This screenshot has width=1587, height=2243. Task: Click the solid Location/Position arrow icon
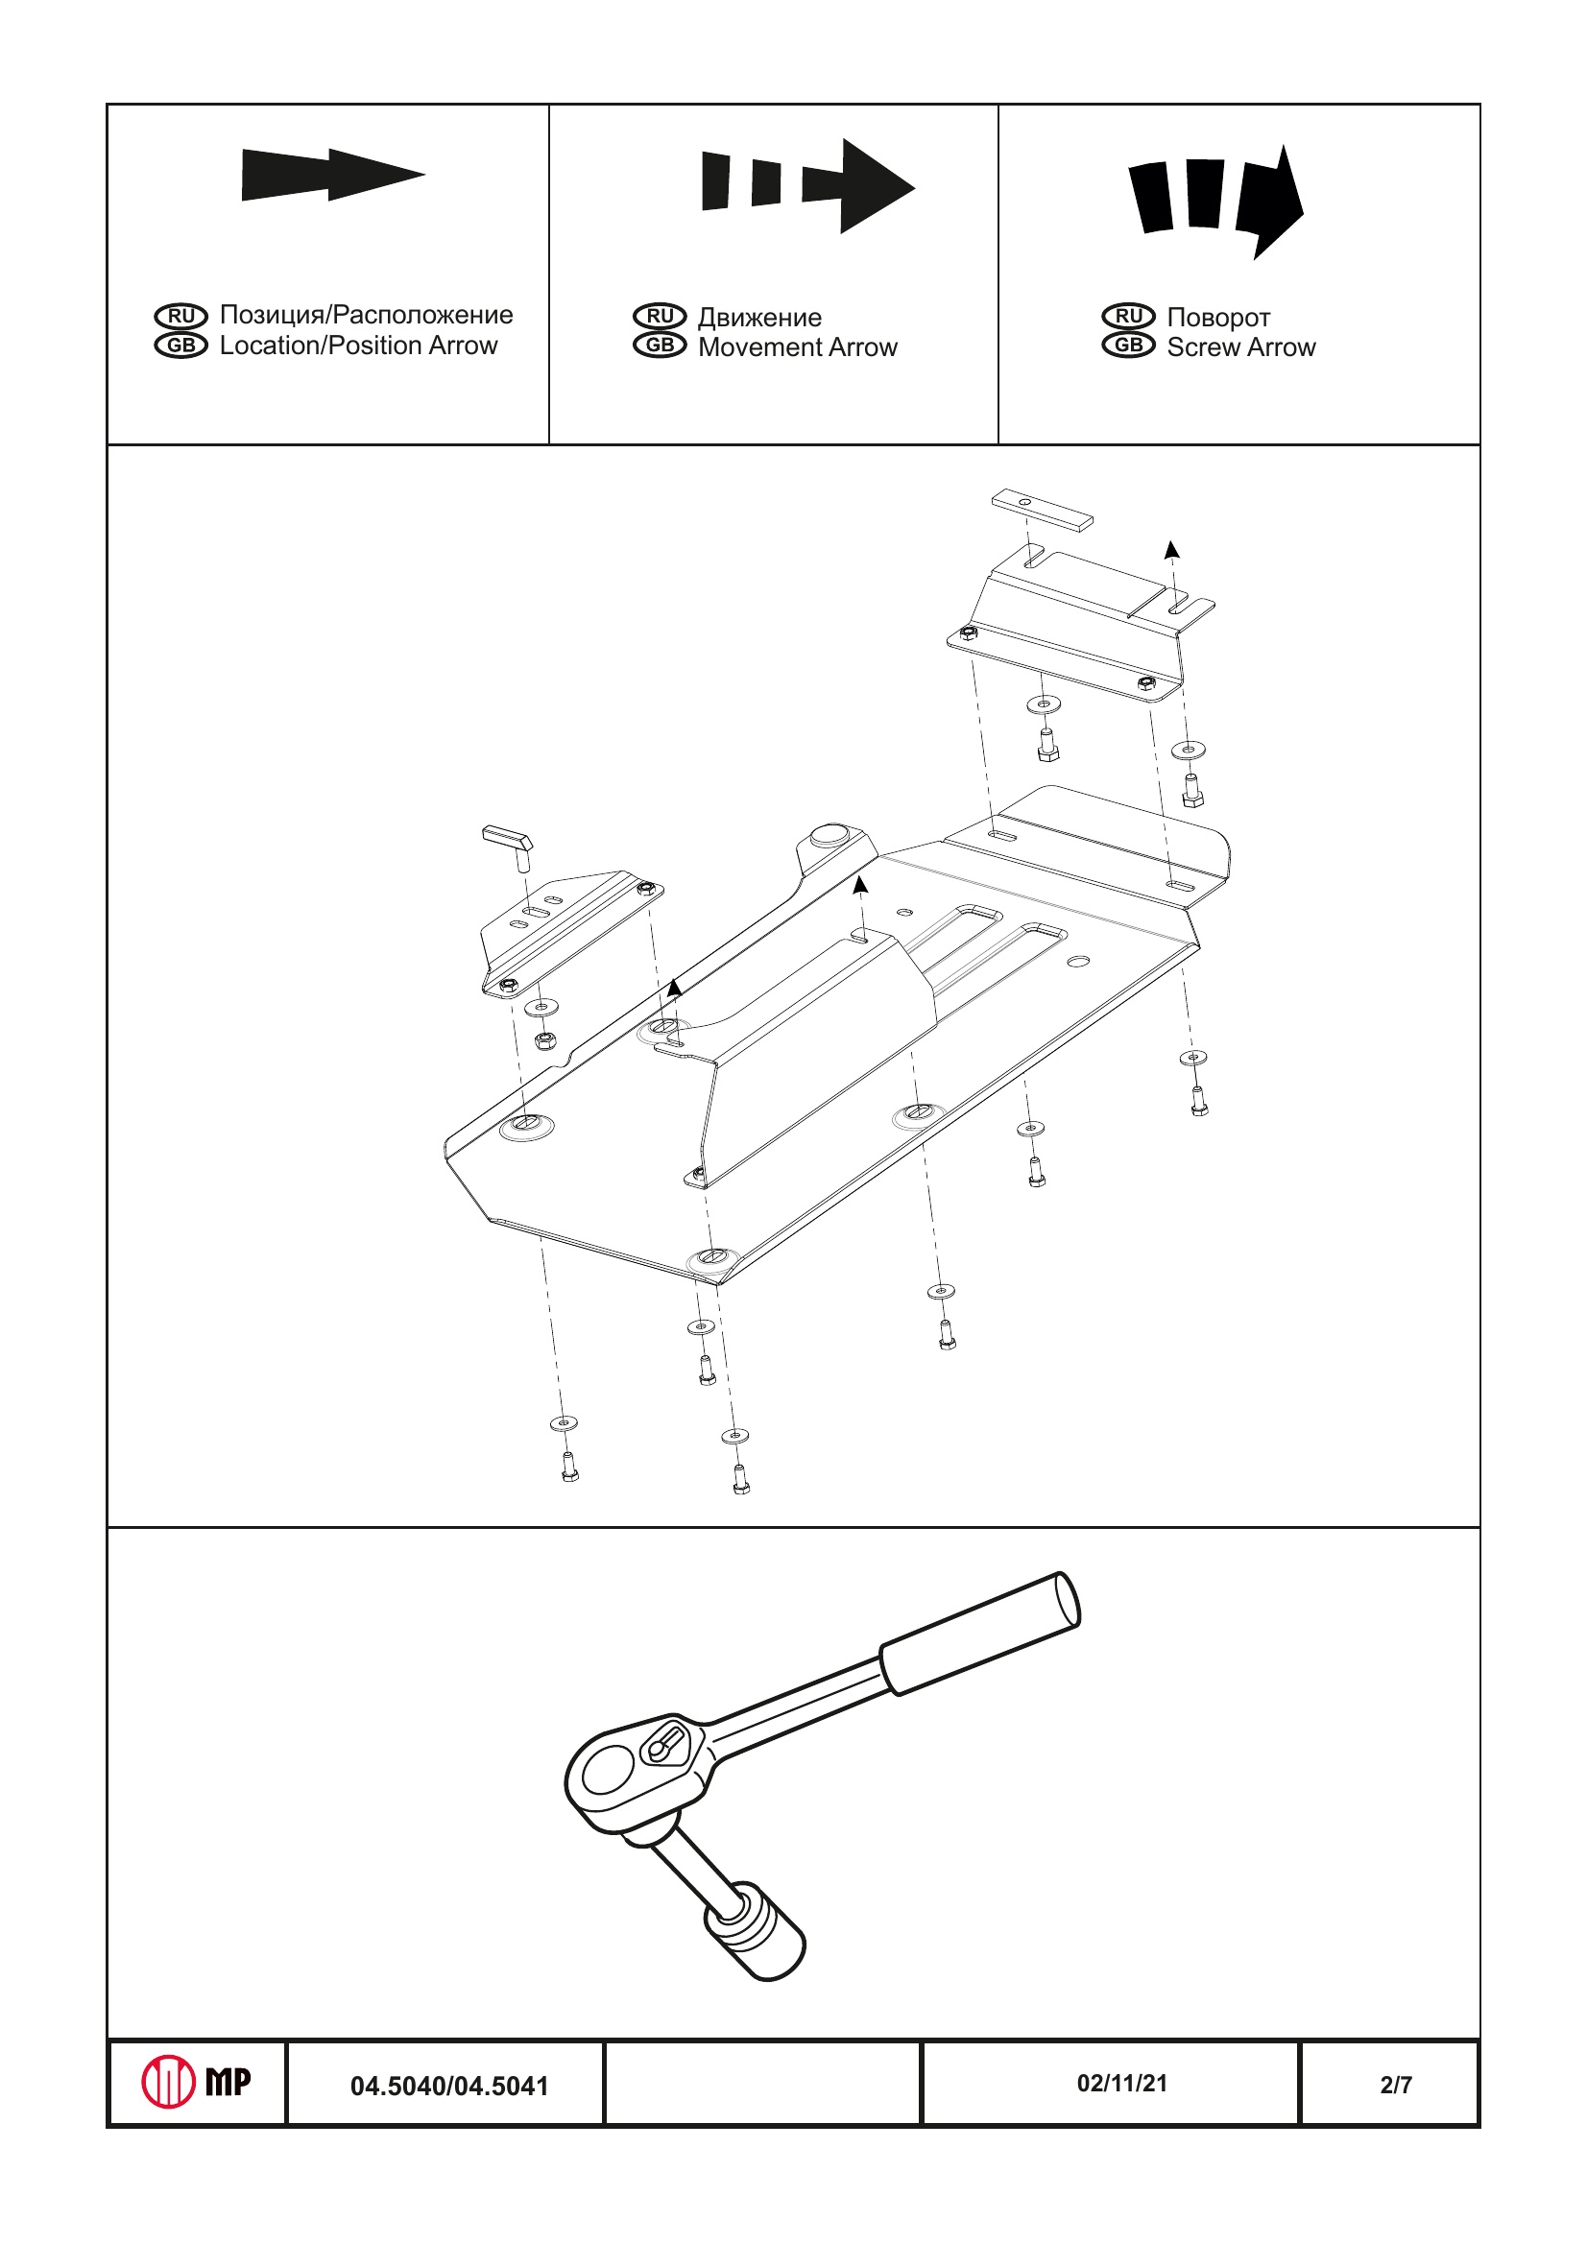pos(333,175)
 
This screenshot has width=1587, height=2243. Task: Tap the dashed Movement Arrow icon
pos(808,185)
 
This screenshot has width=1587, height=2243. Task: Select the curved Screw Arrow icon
pos(1216,201)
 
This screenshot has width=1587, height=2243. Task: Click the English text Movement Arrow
pos(798,346)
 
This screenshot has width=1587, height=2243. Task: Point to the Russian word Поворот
pos(1218,318)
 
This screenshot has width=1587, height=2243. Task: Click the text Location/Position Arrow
pos(359,345)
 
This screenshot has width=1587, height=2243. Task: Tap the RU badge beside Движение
pos(660,317)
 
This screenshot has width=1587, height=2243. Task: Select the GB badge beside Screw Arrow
pos(1129,345)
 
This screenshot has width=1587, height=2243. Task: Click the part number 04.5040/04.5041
pos(449,2086)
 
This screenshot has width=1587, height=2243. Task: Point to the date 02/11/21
pos(1121,2083)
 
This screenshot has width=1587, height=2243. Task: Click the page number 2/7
pos(1396,2085)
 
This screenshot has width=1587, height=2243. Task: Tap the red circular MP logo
pos(168,2082)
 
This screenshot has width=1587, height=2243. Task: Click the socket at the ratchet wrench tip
pos(755,1931)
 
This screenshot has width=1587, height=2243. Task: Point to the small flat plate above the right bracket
pos(1043,509)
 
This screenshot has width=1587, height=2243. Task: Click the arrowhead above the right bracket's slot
pos(1172,549)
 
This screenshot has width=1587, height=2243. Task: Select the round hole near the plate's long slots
pos(1078,962)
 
